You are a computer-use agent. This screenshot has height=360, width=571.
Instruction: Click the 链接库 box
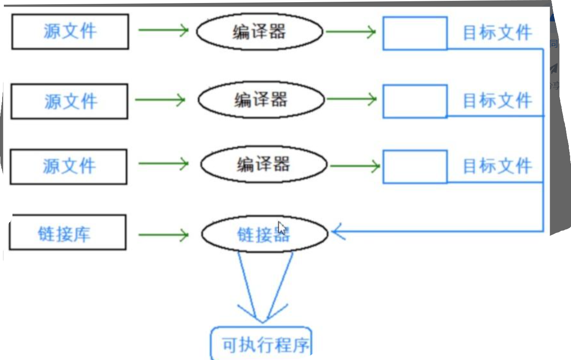(67, 232)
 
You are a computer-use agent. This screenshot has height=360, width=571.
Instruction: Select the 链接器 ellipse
(264, 234)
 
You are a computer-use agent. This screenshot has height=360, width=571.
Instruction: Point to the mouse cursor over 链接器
(282, 227)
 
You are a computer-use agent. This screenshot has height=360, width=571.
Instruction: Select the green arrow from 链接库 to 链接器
(163, 234)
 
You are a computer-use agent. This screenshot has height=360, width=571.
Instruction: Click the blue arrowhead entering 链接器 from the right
(339, 233)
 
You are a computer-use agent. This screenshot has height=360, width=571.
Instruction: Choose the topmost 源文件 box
(70, 32)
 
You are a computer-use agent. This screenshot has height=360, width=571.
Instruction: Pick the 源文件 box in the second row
(70, 101)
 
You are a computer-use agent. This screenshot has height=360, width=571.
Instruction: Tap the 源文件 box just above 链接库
(69, 166)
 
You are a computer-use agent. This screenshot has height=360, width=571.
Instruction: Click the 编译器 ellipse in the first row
(259, 32)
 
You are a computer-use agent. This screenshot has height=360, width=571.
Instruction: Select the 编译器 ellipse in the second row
(260, 100)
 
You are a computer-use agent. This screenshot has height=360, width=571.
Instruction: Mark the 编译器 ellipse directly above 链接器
(264, 164)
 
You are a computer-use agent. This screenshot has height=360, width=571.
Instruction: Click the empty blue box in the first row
(415, 33)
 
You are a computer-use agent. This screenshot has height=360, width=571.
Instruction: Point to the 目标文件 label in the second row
(497, 100)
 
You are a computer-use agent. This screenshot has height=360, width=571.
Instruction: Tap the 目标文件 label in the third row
(497, 166)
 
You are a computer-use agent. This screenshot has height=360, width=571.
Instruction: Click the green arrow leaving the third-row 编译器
(354, 166)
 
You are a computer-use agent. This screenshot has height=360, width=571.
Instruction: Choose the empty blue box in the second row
(415, 101)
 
